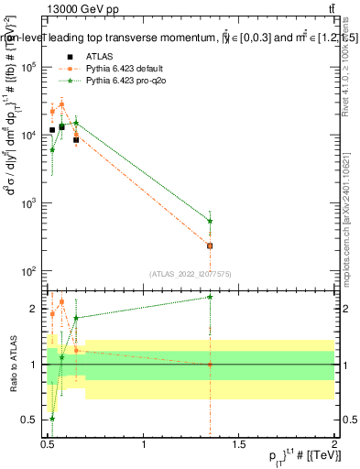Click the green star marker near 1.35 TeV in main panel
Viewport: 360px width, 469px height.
(211, 221)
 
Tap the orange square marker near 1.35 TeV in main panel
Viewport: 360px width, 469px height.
(211, 245)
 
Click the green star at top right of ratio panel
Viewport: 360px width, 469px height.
(211, 297)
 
